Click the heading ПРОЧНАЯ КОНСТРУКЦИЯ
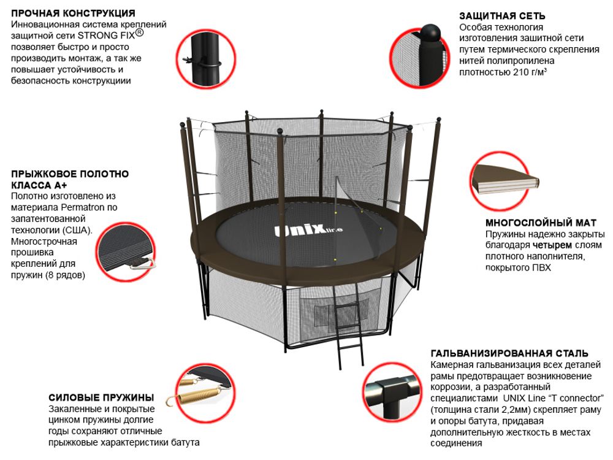(74, 13)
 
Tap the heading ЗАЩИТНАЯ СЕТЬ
(502, 16)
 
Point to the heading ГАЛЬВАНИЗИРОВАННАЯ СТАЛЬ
(509, 354)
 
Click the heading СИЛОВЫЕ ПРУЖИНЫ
(101, 397)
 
